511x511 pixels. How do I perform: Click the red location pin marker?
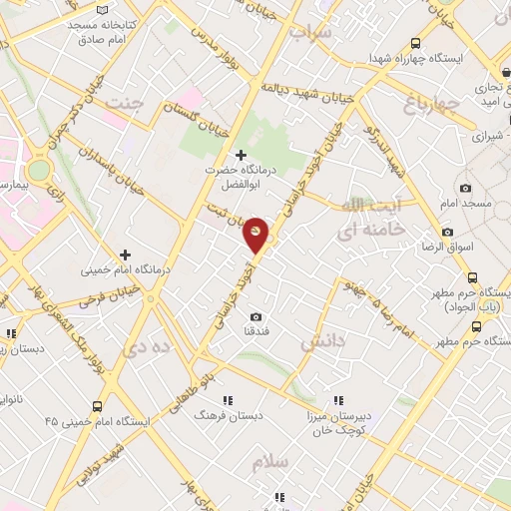256,234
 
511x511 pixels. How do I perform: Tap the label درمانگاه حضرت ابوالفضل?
240,177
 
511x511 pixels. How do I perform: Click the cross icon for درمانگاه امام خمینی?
125,255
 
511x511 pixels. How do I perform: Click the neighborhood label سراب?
309,32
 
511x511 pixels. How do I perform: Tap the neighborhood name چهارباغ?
431,102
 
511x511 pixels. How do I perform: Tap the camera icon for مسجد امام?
464,188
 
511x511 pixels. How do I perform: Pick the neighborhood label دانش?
323,341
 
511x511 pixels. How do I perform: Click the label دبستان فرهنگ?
228,412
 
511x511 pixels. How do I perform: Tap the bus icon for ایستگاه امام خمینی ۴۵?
97,406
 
